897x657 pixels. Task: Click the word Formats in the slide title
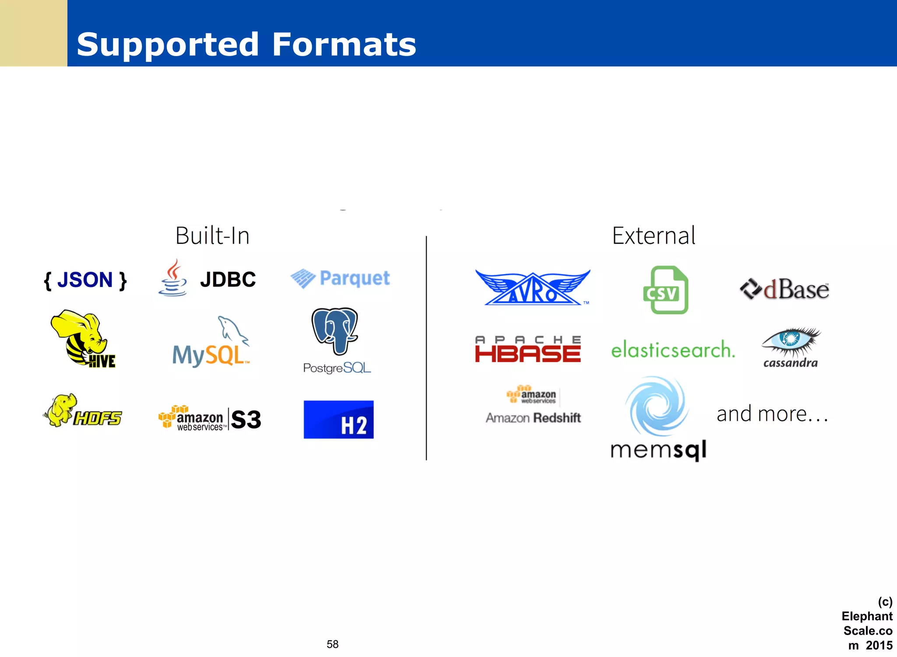344,44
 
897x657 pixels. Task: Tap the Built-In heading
212,236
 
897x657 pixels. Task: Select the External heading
653,236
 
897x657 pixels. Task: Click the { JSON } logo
85,280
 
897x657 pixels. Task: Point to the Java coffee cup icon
173,278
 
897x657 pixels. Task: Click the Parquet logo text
354,278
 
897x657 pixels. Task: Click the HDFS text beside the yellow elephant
98,418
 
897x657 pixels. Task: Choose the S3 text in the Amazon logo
246,419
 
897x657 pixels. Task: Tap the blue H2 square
339,419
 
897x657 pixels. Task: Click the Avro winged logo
533,288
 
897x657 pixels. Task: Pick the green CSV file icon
665,290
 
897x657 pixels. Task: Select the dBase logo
784,290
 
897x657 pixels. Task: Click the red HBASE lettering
528,354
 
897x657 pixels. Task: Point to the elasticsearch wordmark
673,349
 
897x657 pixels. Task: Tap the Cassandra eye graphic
791,340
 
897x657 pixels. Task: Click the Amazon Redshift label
533,418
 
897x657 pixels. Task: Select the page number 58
332,644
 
